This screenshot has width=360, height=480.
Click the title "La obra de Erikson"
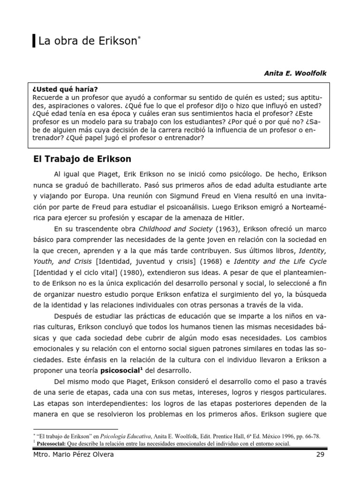[x=88, y=42]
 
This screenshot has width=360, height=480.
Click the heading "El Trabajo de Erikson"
[x=82, y=159]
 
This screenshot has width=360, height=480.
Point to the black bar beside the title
[x=34, y=42]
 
